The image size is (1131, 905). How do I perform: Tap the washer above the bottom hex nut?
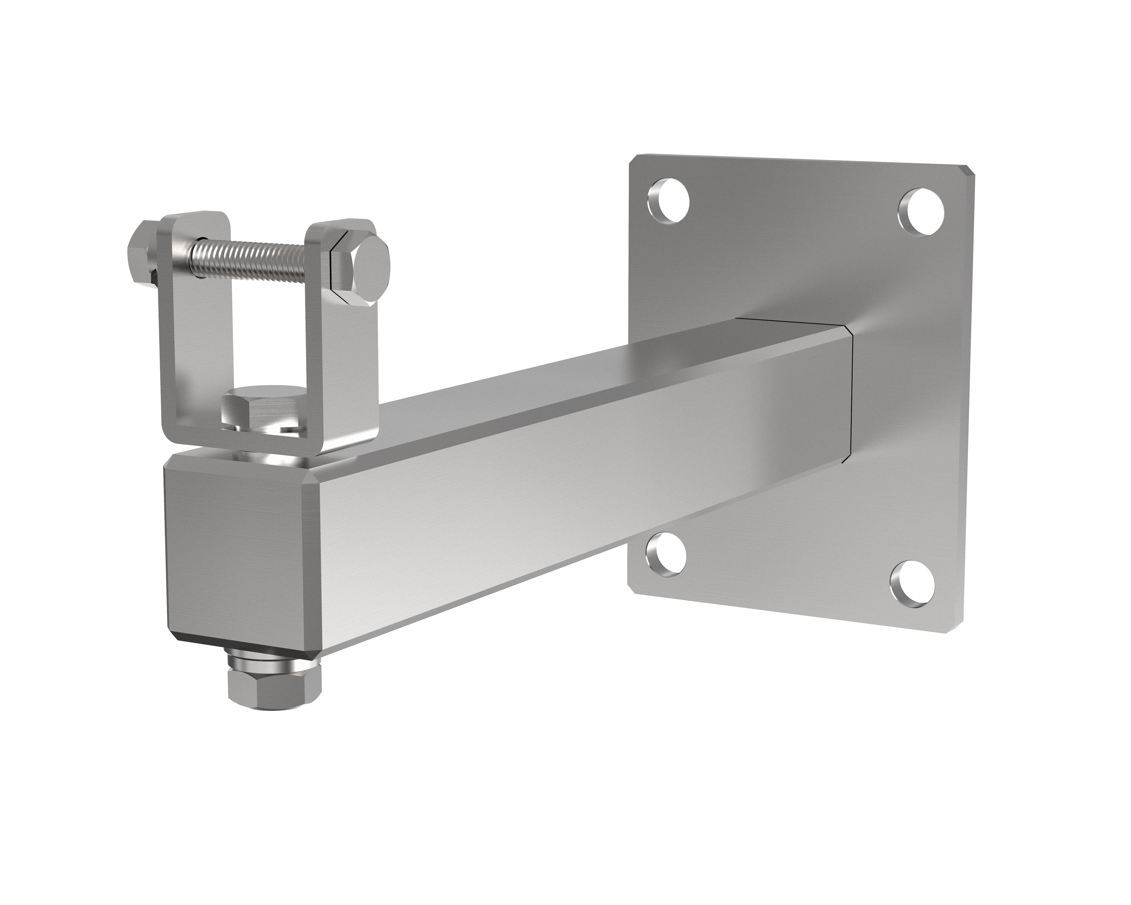[x=273, y=664]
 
